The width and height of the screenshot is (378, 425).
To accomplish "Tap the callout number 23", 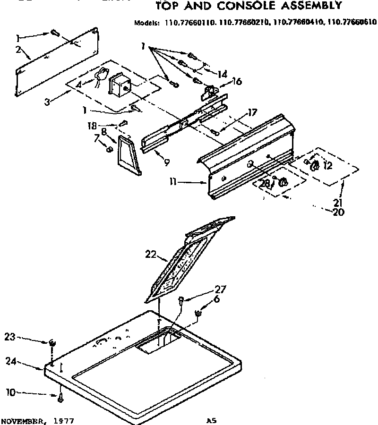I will (x=10, y=337).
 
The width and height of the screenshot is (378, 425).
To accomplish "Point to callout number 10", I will (x=10, y=391).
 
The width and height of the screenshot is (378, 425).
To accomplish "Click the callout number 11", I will (x=174, y=181).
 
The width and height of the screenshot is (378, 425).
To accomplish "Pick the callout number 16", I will (x=236, y=82).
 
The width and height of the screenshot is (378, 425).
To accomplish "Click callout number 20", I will (x=338, y=212).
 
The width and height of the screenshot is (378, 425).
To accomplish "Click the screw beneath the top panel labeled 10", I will (x=61, y=399).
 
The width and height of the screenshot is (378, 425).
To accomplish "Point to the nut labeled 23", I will (x=51, y=342).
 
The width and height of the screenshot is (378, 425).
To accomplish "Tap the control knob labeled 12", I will (x=315, y=165).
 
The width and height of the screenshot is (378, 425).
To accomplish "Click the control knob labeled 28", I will (x=283, y=183).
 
